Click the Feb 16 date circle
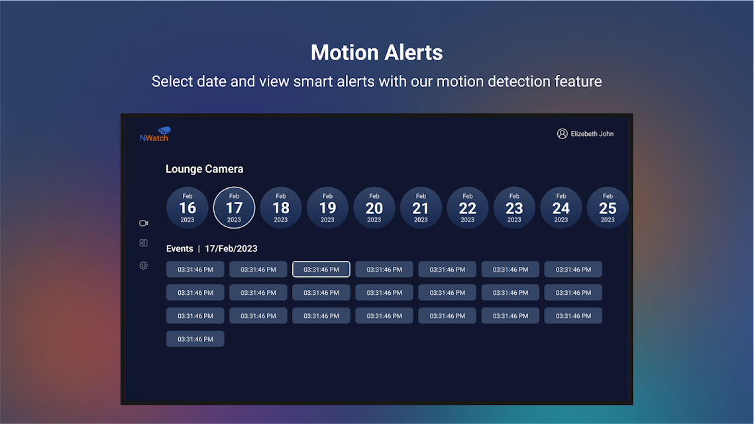187,207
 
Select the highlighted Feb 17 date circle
234,207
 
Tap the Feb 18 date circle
281,207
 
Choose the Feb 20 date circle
374,207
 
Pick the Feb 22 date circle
467,207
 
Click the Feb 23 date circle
514,207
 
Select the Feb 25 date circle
608,207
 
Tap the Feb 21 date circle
421,207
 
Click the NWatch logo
155,134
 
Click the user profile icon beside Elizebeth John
562,134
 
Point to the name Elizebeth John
592,134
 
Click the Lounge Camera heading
204,169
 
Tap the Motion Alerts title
376,52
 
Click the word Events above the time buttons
180,248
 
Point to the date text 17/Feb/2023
231,248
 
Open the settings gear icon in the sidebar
143,266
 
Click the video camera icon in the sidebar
143,223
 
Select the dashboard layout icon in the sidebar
143,243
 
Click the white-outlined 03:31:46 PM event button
321,269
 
